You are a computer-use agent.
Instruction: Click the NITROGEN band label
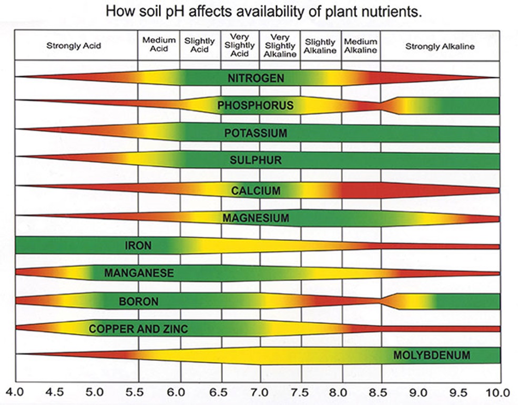pos(256,78)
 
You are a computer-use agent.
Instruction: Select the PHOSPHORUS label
pos(256,106)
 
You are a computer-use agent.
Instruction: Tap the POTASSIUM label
pos(256,133)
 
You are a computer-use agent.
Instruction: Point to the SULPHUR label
pos(256,160)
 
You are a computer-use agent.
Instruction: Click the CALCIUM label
pos(256,190)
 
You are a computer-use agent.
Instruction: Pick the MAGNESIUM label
pos(256,217)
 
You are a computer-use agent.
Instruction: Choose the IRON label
pos(138,245)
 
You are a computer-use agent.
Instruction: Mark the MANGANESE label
pos(139,273)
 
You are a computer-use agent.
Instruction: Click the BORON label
pos(138,302)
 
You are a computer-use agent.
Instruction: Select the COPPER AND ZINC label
pos(138,329)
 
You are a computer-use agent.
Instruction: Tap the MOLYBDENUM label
pos(432,355)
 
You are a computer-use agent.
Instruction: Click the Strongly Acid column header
pos(74,46)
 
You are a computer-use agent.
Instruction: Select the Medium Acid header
pos(159,45)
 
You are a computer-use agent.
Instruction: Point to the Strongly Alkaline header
pos(440,46)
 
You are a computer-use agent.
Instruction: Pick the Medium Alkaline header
pos(361,46)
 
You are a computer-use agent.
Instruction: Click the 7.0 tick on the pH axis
pos(260,392)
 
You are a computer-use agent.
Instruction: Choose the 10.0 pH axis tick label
pos(497,392)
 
